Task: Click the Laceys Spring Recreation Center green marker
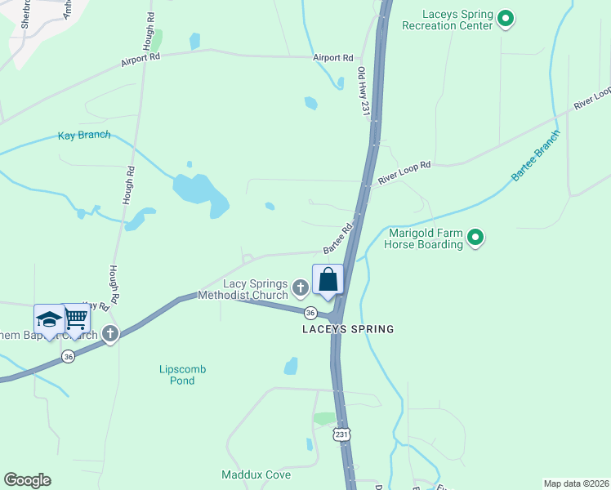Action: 506,18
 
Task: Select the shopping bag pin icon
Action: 328,280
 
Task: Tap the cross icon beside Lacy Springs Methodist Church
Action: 301,287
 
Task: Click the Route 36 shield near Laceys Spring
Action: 310,313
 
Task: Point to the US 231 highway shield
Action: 341,434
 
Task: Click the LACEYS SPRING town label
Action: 348,330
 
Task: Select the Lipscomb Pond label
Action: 182,375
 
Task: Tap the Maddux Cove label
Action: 256,474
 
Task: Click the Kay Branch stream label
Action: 84,135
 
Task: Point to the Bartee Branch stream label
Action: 536,155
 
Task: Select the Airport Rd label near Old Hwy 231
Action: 333,58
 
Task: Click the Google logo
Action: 27,480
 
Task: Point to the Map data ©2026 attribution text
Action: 575,483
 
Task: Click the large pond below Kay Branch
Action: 198,193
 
